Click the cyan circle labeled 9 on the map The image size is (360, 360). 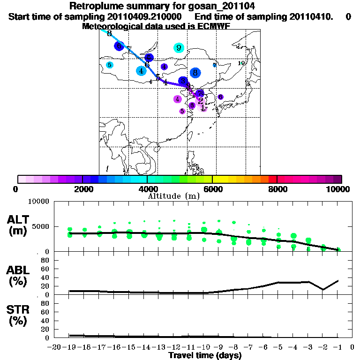179,47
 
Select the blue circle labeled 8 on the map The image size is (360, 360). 195,73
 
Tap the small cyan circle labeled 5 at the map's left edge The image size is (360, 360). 109,65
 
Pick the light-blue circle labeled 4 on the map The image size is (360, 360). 141,71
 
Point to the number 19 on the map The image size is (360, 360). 242,63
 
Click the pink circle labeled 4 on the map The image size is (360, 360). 177,99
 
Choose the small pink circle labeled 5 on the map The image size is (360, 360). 182,111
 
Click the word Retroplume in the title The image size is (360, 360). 95,6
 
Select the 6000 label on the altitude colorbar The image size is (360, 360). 212,189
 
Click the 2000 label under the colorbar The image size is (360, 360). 82,189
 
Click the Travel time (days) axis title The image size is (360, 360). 205,355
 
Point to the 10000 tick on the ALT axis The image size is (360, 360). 39,202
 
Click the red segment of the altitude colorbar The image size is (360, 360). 272,179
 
